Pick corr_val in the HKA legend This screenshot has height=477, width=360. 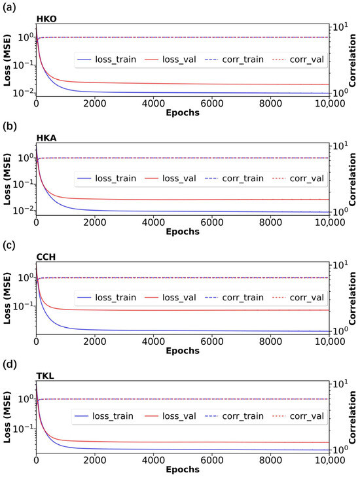[306, 179]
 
